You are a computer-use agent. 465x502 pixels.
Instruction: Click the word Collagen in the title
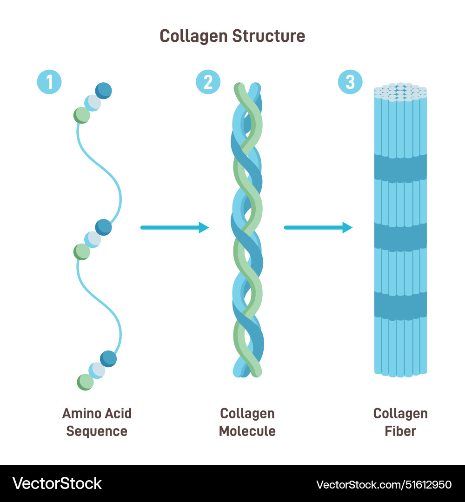click(x=191, y=36)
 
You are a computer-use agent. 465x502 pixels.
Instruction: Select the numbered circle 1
click(x=49, y=82)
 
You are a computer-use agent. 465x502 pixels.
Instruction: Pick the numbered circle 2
click(x=208, y=82)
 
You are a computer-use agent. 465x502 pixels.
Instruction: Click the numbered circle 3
click(x=350, y=82)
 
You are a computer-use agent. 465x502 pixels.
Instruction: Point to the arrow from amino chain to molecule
click(x=174, y=227)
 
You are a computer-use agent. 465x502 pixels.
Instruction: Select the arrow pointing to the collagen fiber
click(x=318, y=227)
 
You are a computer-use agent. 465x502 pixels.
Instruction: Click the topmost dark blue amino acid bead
click(x=103, y=90)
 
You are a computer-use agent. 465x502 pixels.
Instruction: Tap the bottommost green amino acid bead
click(x=85, y=382)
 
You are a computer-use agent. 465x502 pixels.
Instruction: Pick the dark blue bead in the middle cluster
click(x=103, y=227)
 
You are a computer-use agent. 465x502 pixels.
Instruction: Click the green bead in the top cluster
click(x=82, y=115)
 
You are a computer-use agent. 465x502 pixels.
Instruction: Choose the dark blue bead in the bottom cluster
click(x=108, y=359)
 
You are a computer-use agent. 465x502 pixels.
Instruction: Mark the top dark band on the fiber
click(x=400, y=167)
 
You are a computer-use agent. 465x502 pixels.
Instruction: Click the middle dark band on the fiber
click(x=400, y=236)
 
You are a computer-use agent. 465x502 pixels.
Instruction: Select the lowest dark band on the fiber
click(x=400, y=304)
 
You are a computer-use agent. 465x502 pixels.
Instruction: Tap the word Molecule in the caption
click(x=247, y=431)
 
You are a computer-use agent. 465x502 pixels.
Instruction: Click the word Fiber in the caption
click(x=400, y=431)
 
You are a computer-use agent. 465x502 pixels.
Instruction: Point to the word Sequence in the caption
click(x=97, y=431)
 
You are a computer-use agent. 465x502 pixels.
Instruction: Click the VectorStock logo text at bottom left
click(x=57, y=483)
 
